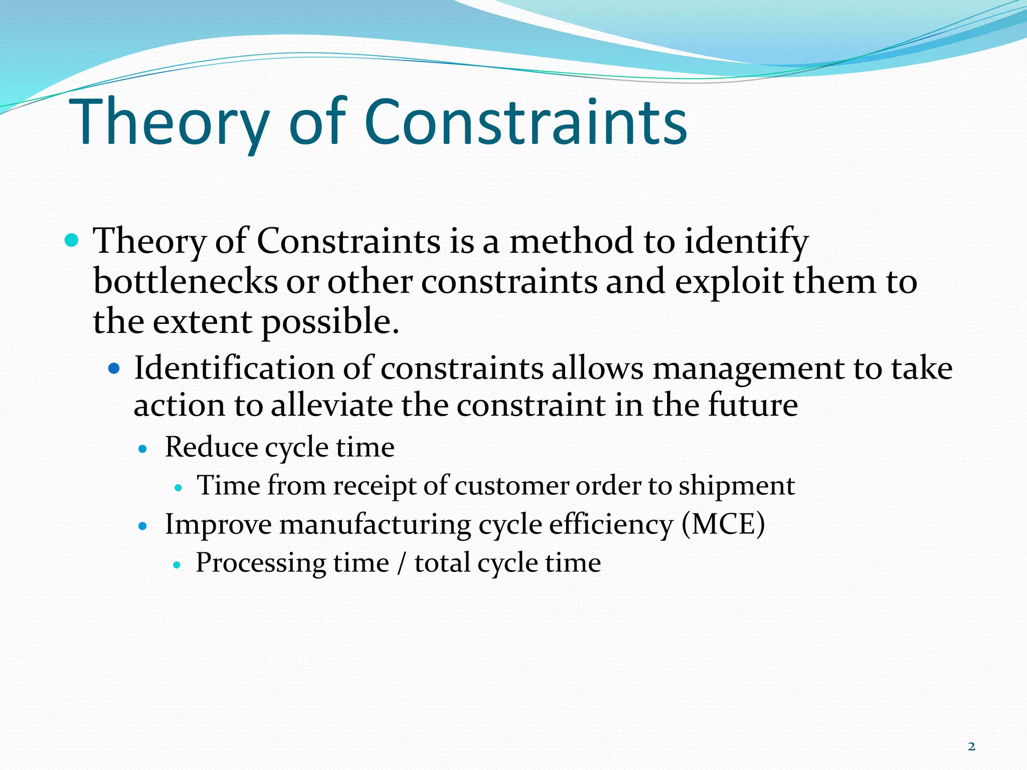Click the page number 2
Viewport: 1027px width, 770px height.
pyautogui.click(x=971, y=746)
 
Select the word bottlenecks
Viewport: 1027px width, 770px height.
pyautogui.click(x=185, y=281)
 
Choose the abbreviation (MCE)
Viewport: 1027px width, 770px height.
pyautogui.click(x=723, y=524)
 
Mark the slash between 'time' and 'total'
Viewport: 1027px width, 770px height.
pyautogui.click(x=401, y=563)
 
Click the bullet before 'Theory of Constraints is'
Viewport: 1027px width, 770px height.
pyautogui.click(x=72, y=241)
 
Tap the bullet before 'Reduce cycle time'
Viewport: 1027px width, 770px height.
pyautogui.click(x=143, y=449)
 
